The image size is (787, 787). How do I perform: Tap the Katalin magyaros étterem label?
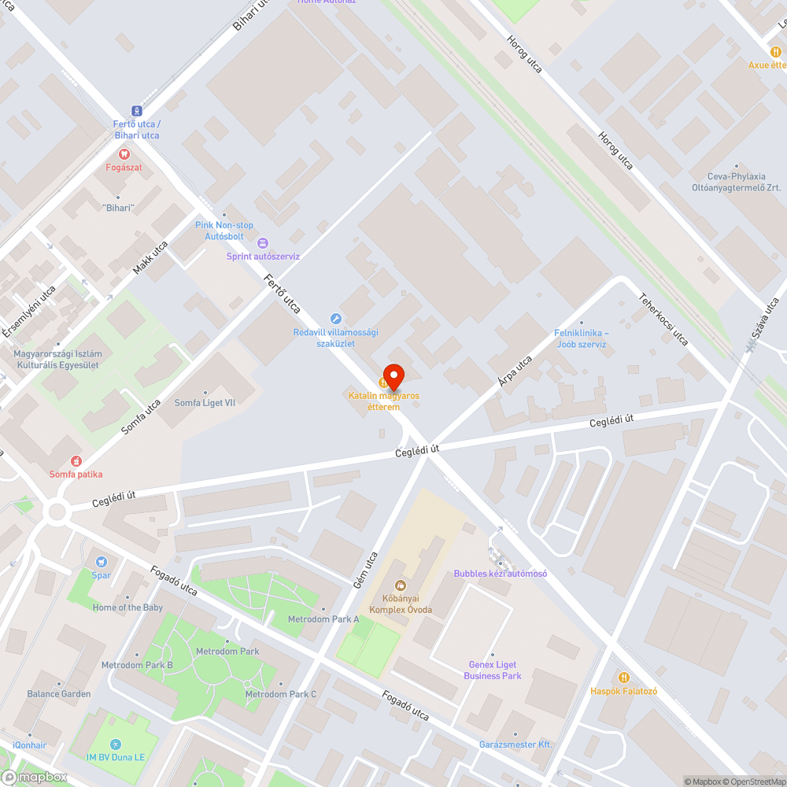click(384, 401)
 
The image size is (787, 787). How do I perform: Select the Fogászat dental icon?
click(124, 153)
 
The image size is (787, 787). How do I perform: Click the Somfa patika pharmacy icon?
click(76, 460)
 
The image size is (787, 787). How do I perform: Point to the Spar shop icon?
click(101, 562)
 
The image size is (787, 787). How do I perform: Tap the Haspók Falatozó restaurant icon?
click(624, 677)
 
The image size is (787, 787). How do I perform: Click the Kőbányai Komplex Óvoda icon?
click(401, 585)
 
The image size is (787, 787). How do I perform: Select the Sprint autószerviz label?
click(263, 256)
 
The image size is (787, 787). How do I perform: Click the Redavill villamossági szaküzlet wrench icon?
click(335, 319)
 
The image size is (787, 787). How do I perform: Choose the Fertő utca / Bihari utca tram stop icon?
click(137, 111)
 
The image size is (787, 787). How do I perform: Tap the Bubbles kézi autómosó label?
click(500, 574)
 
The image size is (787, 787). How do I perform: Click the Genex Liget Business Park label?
click(493, 671)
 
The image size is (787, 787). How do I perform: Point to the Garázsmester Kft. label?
click(515, 745)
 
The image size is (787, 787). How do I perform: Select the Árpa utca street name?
click(515, 371)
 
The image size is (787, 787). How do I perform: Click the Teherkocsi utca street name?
click(663, 320)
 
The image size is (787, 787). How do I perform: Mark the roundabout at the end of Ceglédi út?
click(57, 512)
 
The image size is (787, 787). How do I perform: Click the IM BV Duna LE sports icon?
click(116, 744)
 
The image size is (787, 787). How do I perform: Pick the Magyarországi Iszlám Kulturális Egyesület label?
click(57, 360)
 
